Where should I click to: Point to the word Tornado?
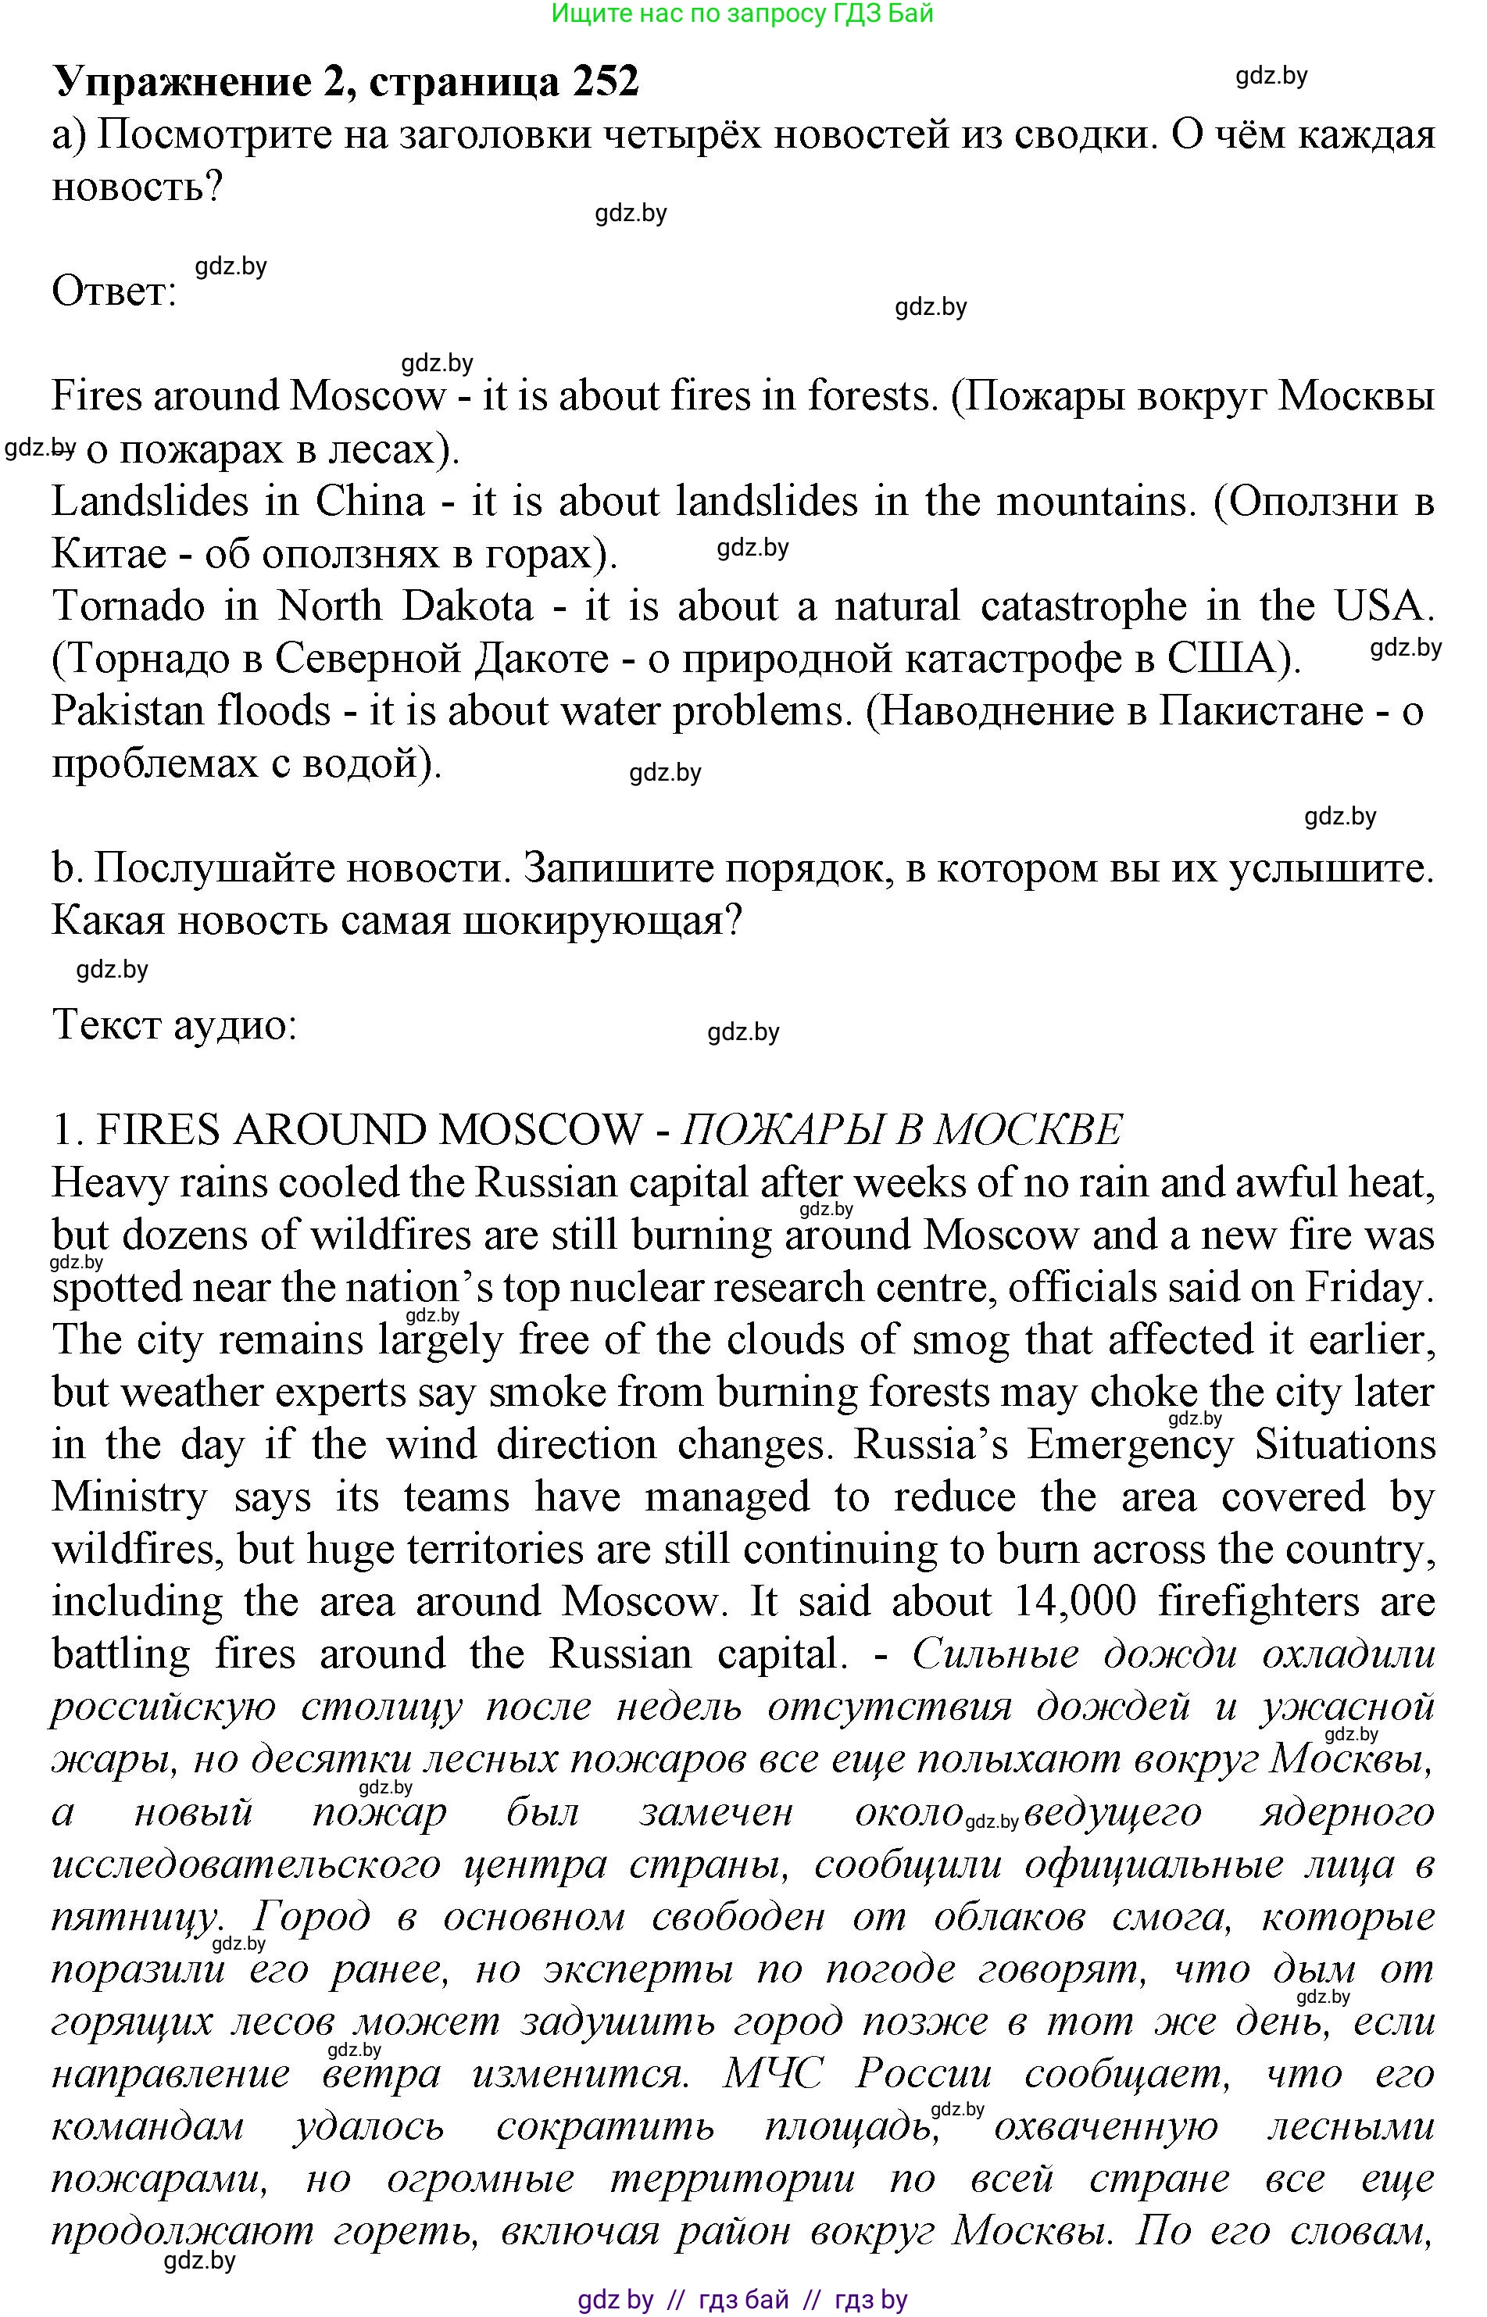pos(127,606)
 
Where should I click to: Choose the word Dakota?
pos(467,606)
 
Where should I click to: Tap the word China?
pos(370,502)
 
